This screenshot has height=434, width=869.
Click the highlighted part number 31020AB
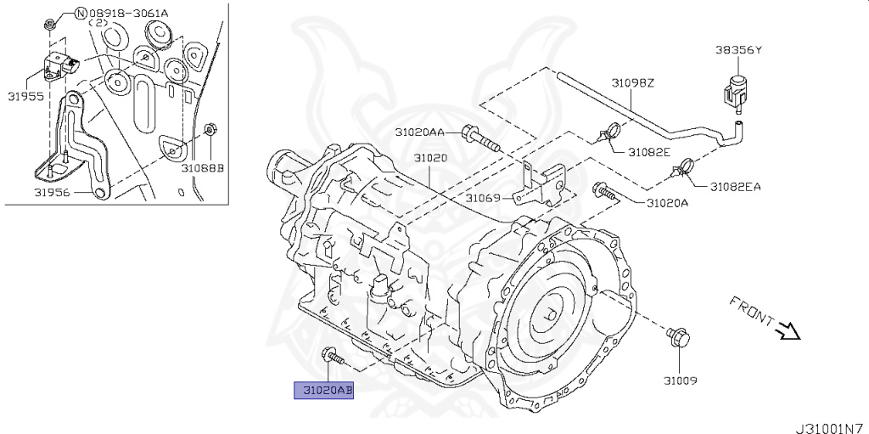323,391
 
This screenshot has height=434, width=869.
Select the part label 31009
680,381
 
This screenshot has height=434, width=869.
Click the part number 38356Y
737,50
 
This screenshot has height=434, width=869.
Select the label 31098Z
633,83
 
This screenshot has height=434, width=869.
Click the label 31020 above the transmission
430,159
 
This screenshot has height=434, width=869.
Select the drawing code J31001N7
829,427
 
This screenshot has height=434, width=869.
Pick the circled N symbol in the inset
81,13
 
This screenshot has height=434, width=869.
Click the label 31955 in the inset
27,96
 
